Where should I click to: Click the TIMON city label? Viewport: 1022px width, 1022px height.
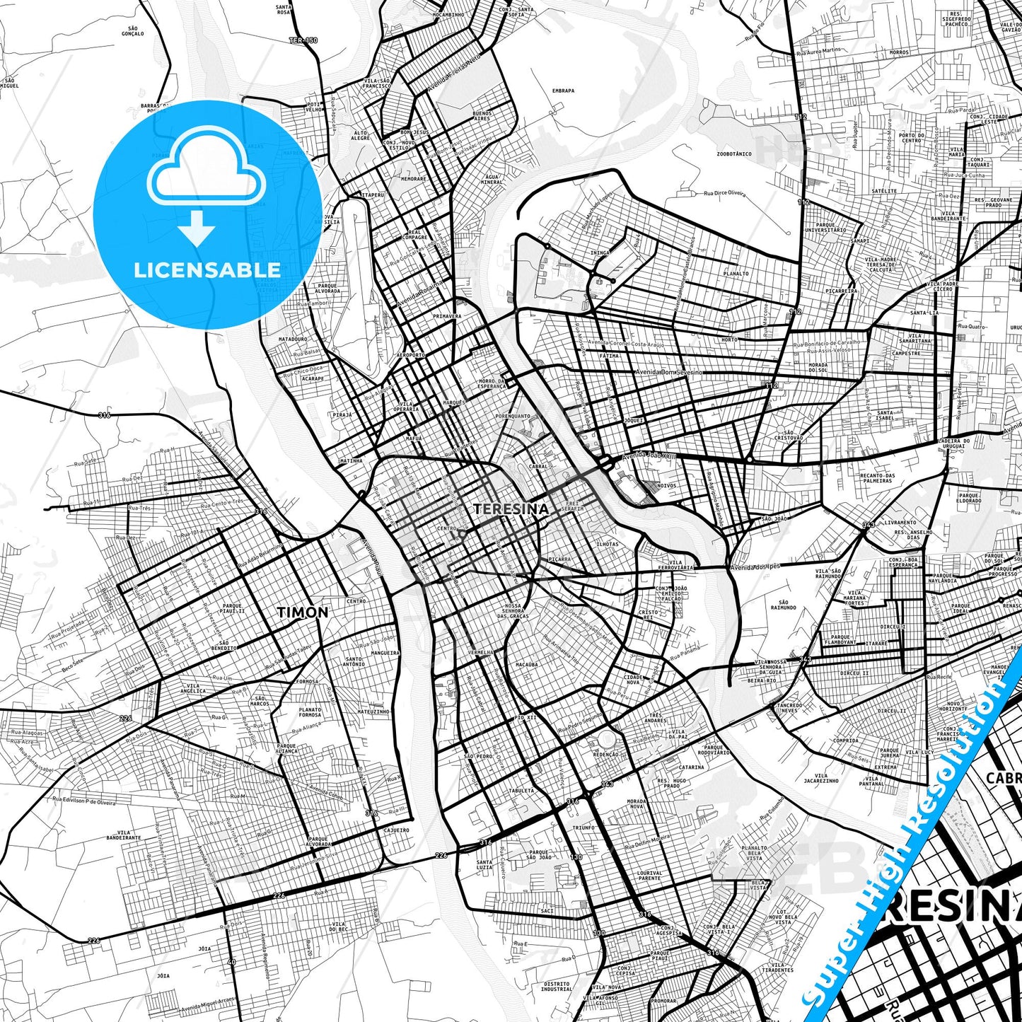[302, 612]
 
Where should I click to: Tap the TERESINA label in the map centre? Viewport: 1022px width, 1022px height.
[511, 509]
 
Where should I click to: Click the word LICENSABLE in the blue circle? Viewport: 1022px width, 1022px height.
[207, 269]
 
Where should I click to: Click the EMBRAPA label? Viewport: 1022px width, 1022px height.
[563, 91]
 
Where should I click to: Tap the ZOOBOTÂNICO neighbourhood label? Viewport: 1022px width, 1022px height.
[733, 153]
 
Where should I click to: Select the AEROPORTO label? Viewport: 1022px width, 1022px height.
[411, 355]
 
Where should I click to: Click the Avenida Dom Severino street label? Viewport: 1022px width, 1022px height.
[668, 372]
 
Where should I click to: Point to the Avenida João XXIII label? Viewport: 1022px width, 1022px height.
[649, 457]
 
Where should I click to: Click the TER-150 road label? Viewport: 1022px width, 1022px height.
[303, 40]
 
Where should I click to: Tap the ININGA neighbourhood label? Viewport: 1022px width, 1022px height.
[599, 252]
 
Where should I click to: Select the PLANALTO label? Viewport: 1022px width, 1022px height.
[736, 274]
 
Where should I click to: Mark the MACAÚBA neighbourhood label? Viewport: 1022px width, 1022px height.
[527, 665]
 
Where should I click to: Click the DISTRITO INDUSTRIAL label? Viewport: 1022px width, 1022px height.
[557, 987]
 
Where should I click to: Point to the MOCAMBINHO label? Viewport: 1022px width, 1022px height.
[448, 14]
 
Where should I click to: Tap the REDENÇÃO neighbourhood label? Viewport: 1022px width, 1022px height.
[605, 755]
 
